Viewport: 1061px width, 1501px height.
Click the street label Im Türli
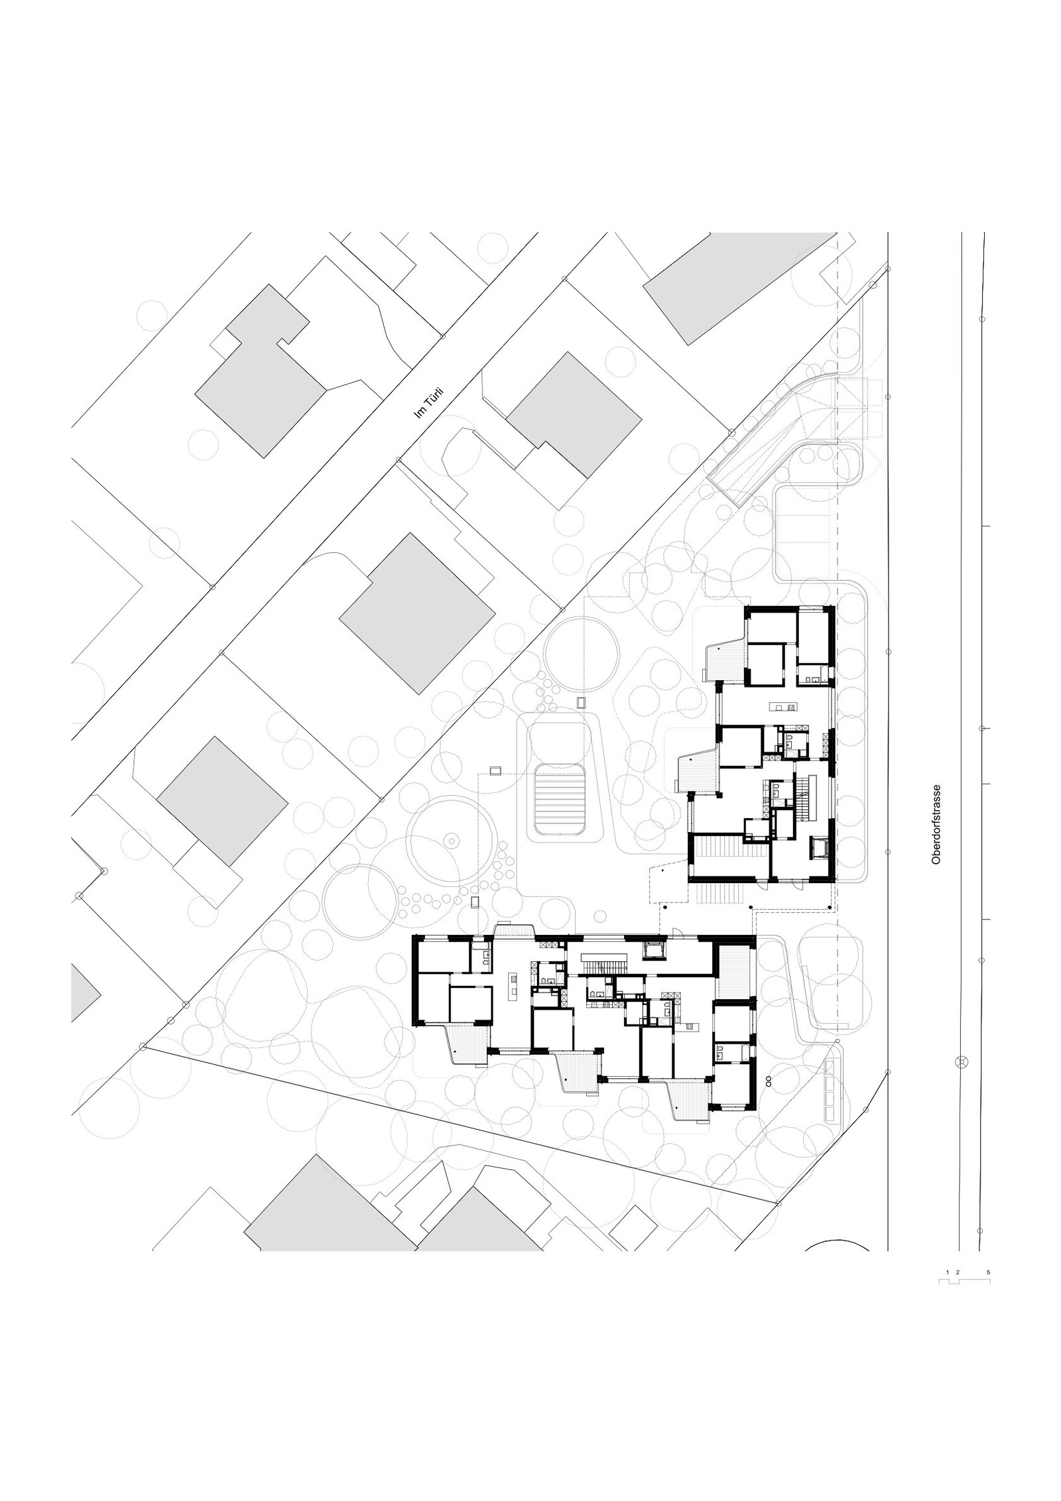tap(428, 403)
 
